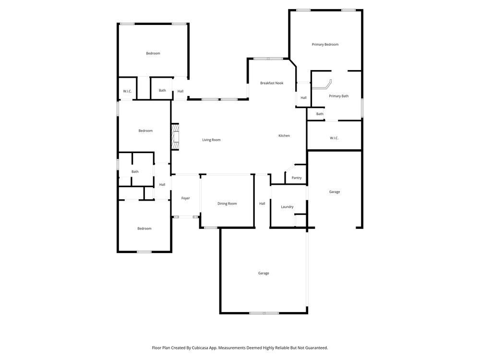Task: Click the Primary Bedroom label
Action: point(325,45)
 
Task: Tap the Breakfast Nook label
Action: point(272,83)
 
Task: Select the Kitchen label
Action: point(284,136)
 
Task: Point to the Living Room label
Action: point(211,140)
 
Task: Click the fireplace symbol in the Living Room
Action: point(175,137)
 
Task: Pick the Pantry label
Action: point(297,178)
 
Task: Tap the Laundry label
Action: point(287,207)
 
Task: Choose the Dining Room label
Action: point(227,204)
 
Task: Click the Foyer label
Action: point(185,198)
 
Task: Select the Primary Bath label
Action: point(338,96)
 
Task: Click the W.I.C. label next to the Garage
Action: point(334,138)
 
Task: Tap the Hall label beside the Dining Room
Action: point(262,204)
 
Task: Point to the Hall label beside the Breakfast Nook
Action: point(303,98)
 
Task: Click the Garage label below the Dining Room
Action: point(264,273)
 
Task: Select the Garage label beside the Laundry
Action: point(335,192)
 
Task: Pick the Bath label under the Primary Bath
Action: point(320,114)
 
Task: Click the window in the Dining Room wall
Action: point(210,228)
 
